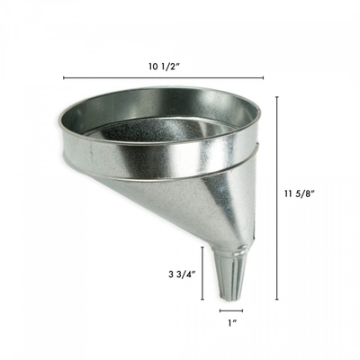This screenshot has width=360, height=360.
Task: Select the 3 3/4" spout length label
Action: coord(183,273)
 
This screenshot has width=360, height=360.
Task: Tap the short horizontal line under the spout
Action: coord(230,310)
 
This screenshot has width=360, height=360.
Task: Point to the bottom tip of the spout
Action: coord(230,300)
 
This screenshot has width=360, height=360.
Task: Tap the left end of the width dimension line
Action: coord(63,78)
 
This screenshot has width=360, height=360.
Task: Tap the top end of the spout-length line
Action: coord(203,245)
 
